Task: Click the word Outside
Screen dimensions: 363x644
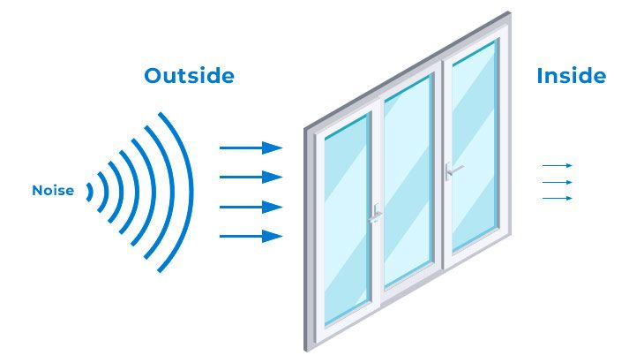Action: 189,76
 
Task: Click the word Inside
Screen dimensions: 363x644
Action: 571,76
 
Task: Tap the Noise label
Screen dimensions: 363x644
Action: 53,191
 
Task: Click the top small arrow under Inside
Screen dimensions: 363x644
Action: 558,165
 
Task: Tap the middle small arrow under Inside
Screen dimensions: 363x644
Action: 558,182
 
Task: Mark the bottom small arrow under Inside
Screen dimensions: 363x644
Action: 558,198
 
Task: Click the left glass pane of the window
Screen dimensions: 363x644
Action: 346,221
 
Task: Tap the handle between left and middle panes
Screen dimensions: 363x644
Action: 376,213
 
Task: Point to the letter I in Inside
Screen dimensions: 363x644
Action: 540,76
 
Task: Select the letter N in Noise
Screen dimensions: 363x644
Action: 37,191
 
